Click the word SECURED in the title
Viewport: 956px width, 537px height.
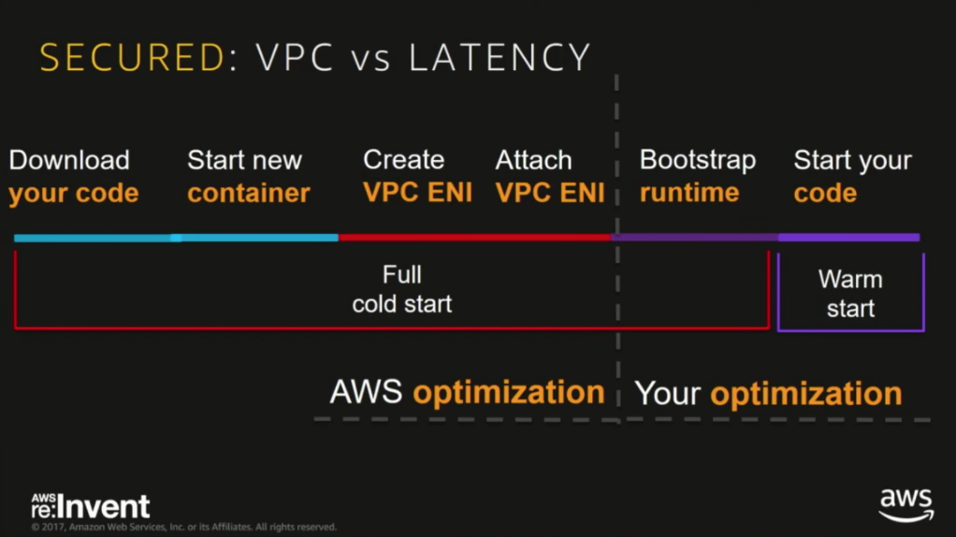point(131,58)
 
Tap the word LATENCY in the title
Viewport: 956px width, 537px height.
point(500,58)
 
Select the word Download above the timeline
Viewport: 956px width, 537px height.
point(69,160)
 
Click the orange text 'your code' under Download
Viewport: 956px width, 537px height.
point(74,194)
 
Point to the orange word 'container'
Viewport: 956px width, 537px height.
point(248,194)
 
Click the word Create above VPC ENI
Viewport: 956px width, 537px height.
point(403,160)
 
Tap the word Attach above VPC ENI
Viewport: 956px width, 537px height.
point(534,160)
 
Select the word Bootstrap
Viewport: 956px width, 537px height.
point(697,160)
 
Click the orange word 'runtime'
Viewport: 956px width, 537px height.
point(689,194)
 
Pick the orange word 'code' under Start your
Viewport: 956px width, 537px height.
point(825,194)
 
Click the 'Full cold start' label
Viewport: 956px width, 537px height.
point(402,289)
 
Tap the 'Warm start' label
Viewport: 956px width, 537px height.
point(850,294)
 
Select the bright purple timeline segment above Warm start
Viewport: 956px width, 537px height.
point(848,238)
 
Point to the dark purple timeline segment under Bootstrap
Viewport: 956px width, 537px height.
point(695,238)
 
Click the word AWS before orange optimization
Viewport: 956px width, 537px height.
point(366,392)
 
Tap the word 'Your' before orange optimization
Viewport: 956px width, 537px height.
point(668,394)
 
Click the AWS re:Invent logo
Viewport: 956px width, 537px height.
point(90,506)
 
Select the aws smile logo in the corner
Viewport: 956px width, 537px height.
point(905,505)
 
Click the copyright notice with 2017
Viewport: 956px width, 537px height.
point(183,528)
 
